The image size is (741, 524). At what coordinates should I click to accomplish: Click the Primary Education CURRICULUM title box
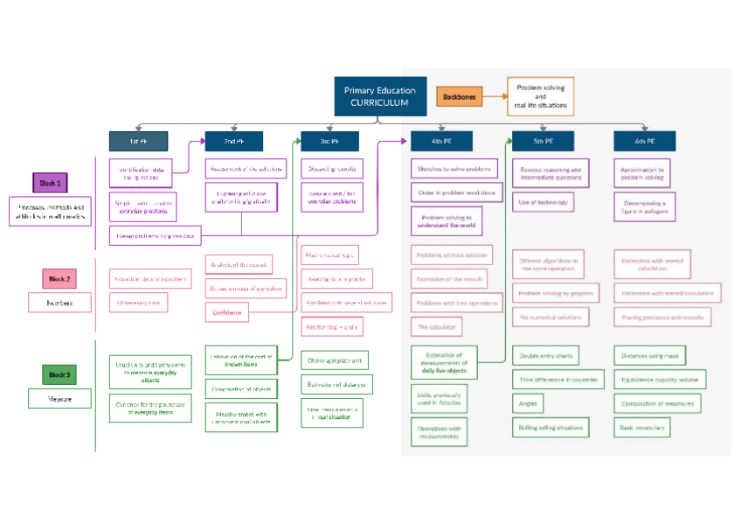click(379, 96)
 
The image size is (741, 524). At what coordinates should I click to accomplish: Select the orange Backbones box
click(460, 97)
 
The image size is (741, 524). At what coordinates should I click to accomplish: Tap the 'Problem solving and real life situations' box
click(540, 96)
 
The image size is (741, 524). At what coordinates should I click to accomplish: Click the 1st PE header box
click(138, 141)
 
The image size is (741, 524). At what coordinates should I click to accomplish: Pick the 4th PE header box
click(441, 141)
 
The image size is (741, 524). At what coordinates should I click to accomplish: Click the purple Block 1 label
click(49, 183)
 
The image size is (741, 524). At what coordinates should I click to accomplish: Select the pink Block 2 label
click(59, 279)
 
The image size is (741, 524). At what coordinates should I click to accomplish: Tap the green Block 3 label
click(59, 374)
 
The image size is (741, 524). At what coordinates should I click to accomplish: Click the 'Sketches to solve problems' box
click(453, 168)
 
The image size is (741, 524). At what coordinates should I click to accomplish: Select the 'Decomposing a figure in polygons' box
click(644, 207)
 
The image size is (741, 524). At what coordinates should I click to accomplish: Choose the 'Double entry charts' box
click(546, 355)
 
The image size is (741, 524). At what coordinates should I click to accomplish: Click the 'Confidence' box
click(225, 311)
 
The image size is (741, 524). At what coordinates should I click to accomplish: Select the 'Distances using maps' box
click(649, 355)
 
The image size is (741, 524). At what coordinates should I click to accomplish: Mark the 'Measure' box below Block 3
click(59, 399)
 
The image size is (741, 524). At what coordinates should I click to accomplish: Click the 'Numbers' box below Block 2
click(59, 303)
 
